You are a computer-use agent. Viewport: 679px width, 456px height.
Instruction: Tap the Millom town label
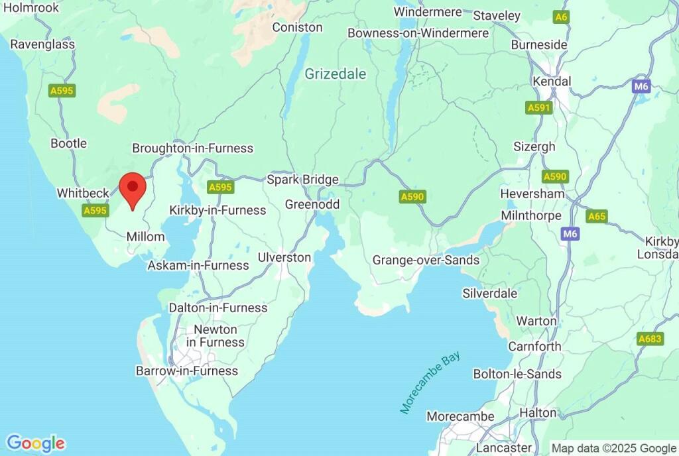(145, 237)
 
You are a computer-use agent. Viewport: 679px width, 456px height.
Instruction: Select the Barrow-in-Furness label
(186, 370)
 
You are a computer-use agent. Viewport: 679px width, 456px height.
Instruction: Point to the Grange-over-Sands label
(425, 260)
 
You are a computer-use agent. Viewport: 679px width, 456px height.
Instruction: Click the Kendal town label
(552, 81)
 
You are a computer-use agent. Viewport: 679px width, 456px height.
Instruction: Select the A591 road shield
(539, 107)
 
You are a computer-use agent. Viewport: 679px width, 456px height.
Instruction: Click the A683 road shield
(650, 339)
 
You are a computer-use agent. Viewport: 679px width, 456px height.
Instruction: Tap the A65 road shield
(597, 216)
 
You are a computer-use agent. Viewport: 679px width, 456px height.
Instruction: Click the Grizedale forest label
(335, 74)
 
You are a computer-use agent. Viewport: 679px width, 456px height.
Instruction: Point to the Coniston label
(297, 27)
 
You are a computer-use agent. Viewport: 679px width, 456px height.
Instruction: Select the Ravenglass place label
(42, 44)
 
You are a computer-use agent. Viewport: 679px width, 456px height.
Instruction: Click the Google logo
(35, 443)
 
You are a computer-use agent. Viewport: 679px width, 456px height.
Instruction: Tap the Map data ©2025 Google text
(613, 447)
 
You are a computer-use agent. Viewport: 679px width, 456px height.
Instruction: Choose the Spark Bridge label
(302, 180)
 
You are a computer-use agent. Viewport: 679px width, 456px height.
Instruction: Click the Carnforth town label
(534, 346)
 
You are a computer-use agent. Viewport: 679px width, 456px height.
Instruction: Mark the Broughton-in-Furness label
(193, 148)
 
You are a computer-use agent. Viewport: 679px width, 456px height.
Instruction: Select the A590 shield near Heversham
(554, 176)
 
